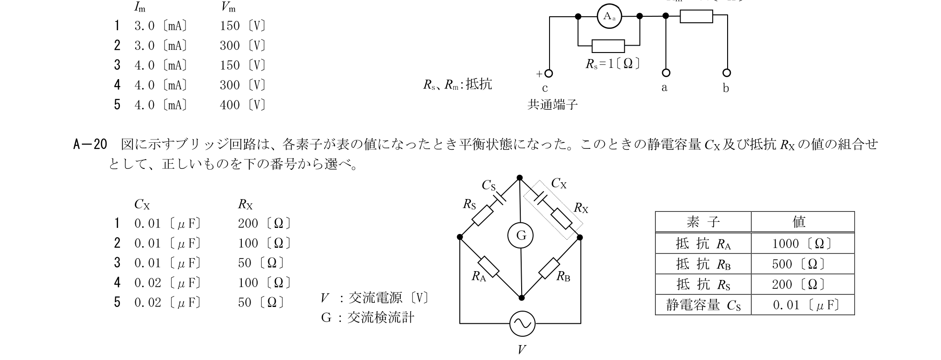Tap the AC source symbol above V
(x=522, y=323)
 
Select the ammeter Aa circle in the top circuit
(x=609, y=16)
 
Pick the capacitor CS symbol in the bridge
(x=500, y=197)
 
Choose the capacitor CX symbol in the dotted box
(x=540, y=199)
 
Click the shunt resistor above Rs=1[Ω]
(x=608, y=46)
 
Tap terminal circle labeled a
(x=666, y=73)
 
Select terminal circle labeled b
(x=727, y=73)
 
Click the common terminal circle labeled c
(x=549, y=73)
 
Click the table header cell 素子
(x=703, y=222)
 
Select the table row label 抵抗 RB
(x=703, y=264)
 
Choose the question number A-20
(x=91, y=145)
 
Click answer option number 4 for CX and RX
(x=117, y=282)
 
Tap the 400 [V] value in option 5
(x=243, y=105)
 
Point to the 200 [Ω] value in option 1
(x=265, y=223)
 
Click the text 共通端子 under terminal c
(x=552, y=105)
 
